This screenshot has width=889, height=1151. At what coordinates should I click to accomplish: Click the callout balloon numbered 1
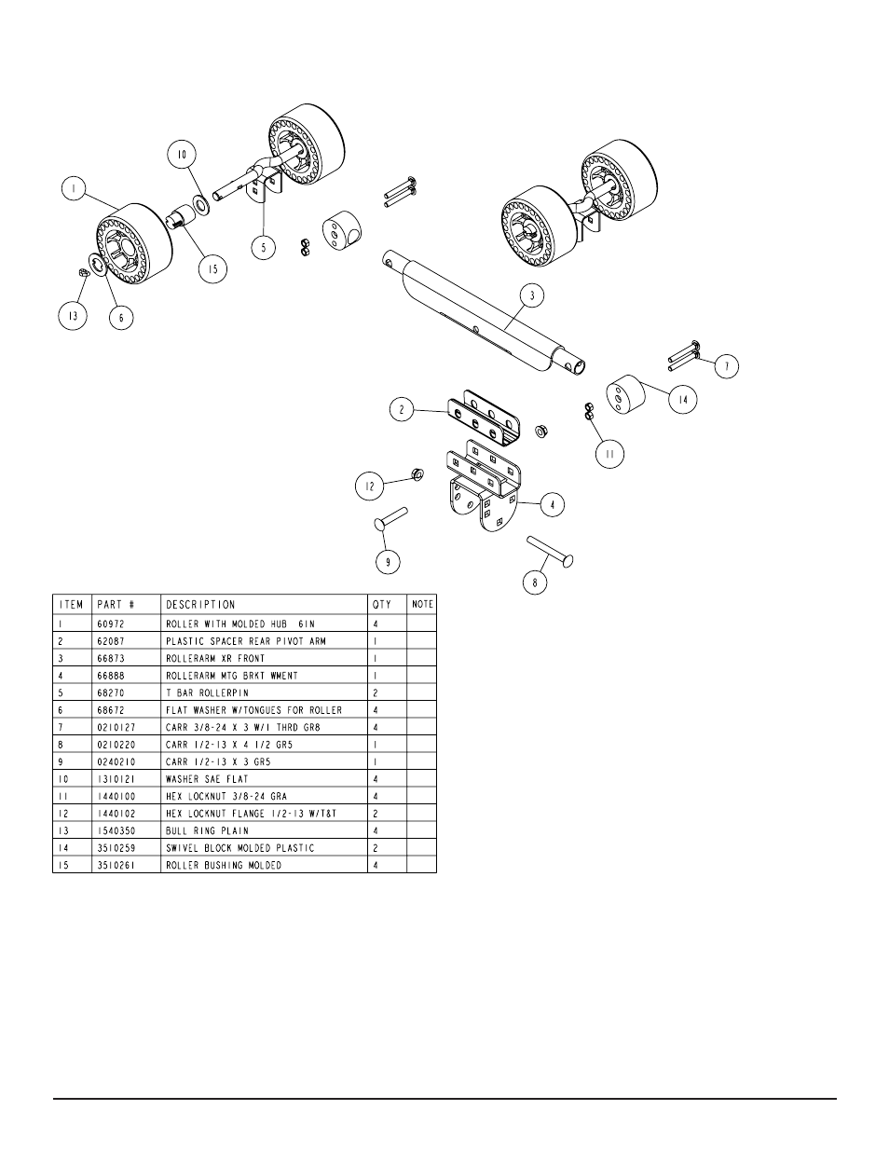[71, 188]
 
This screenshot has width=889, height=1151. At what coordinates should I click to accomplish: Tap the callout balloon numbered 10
[182, 154]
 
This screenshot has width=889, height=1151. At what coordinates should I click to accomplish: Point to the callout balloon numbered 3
[531, 296]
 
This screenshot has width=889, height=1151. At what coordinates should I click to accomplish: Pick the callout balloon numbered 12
[369, 485]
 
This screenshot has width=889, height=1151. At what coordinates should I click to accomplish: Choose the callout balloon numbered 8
[535, 583]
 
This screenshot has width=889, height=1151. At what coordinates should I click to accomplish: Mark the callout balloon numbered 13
[73, 315]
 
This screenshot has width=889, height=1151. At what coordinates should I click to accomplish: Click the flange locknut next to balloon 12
[417, 475]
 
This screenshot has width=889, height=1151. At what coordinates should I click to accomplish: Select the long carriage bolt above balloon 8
[550, 549]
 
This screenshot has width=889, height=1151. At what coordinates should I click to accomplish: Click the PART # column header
[116, 605]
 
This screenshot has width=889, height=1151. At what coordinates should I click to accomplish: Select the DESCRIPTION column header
[200, 605]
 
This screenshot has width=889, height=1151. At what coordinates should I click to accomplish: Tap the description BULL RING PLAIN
[207, 831]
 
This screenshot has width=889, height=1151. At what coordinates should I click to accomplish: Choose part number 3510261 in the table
[115, 866]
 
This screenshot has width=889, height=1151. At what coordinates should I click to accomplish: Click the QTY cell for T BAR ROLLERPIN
[375, 692]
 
